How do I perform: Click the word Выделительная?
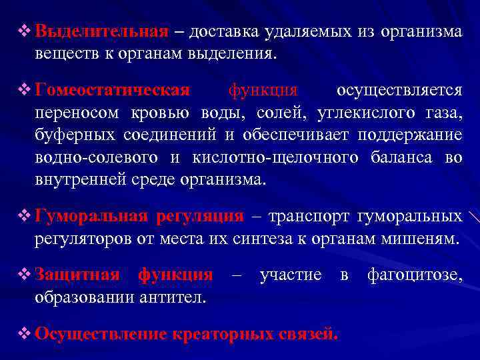101,31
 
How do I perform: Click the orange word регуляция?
200,216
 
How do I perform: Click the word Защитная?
77,274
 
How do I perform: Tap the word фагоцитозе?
414,274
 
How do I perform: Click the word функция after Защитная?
175,274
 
